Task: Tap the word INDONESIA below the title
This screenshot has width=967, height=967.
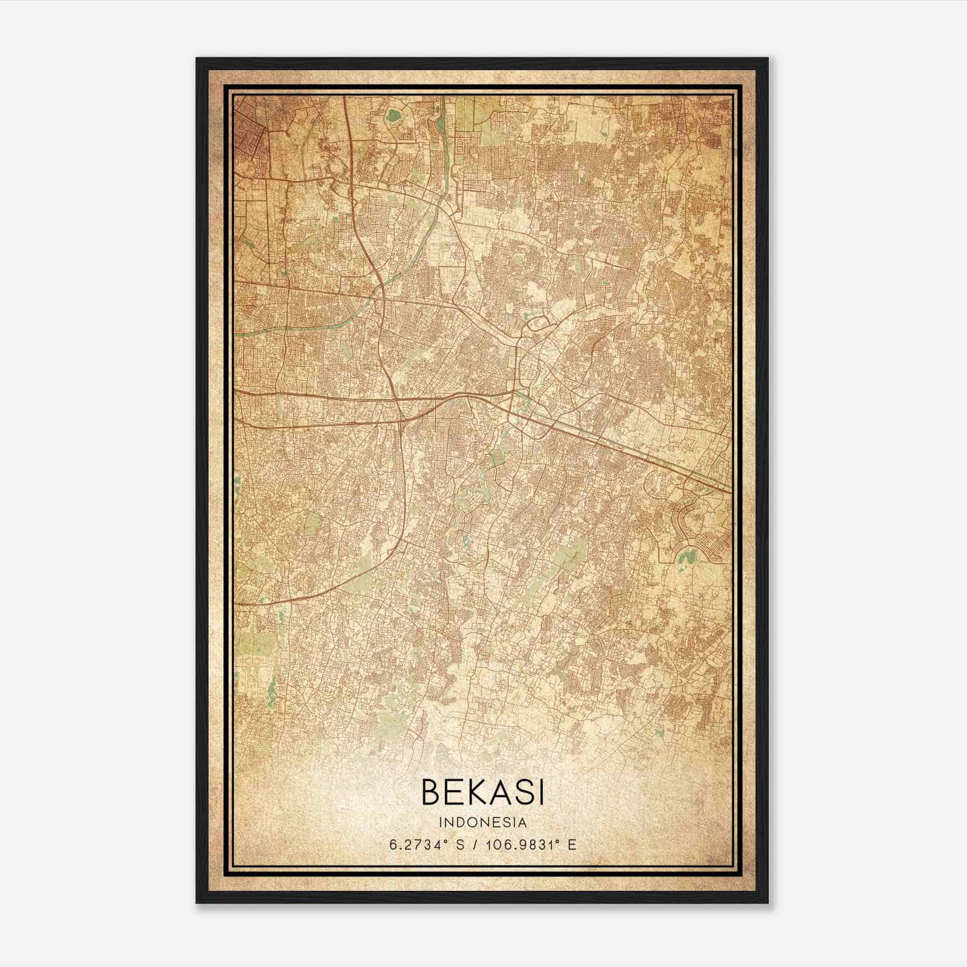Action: click(x=483, y=823)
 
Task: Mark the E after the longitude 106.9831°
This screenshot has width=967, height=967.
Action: click(x=572, y=844)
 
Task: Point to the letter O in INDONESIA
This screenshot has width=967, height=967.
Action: click(x=475, y=823)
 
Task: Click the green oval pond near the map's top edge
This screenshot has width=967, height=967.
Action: click(x=394, y=114)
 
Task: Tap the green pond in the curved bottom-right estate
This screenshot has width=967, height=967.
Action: click(x=685, y=554)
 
